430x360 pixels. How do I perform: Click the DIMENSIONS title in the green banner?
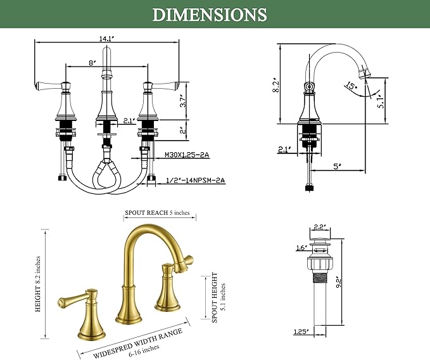210,15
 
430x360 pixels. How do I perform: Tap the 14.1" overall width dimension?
106,39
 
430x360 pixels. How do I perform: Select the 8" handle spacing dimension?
92,63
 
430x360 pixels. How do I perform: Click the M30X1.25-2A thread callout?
187,155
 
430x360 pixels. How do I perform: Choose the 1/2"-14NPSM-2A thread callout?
196,180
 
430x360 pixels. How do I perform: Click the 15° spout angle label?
351,86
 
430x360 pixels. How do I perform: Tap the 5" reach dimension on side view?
337,166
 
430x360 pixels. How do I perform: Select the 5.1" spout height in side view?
382,101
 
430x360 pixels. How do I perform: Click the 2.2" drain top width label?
319,227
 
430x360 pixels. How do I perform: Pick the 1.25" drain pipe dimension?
301,331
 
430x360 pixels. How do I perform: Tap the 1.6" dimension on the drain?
301,248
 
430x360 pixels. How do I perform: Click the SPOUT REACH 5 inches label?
157,213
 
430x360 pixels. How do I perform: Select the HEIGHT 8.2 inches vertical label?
38,284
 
